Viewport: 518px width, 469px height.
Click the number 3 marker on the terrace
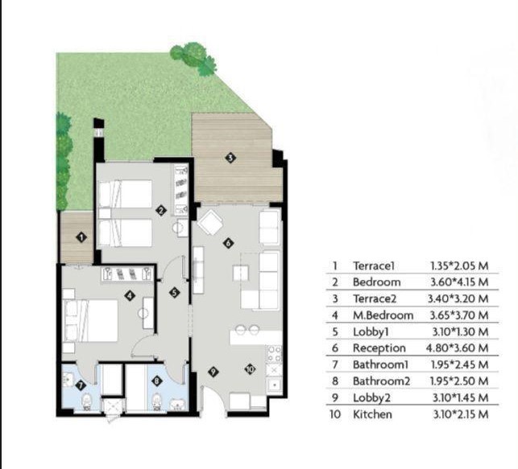point(230,158)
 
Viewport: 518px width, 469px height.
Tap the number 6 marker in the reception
point(228,244)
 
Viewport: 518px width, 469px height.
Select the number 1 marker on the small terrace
point(81,237)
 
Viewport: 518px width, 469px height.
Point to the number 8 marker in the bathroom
point(156,381)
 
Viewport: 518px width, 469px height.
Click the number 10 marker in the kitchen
point(250,368)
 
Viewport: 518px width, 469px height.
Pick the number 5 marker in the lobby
point(175,292)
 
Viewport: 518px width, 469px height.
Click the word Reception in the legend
point(379,348)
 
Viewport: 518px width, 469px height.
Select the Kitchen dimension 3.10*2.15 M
point(461,414)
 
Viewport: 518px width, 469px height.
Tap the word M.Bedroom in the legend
point(383,315)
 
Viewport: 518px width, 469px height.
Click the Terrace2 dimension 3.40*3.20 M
point(458,298)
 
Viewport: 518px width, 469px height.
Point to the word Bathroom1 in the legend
point(380,364)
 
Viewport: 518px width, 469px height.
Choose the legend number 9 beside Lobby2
point(335,397)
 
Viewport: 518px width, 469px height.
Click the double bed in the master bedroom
point(90,320)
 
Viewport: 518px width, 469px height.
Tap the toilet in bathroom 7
point(86,401)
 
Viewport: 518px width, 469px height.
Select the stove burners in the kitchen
point(274,354)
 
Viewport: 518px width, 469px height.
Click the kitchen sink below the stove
point(274,385)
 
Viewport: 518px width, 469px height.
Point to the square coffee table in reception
point(241,274)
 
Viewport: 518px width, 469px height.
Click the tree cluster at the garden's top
point(193,59)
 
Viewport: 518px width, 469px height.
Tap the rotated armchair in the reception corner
point(210,222)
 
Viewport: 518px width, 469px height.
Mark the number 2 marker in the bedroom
point(161,211)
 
